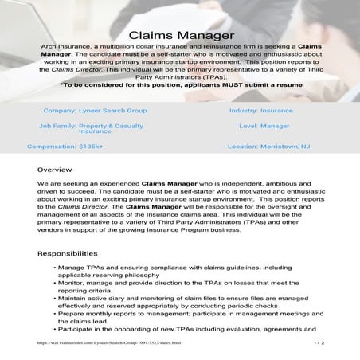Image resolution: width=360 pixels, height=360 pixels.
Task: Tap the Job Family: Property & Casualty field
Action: click(x=88, y=128)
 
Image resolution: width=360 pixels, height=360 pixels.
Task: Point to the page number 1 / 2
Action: click(x=318, y=343)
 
